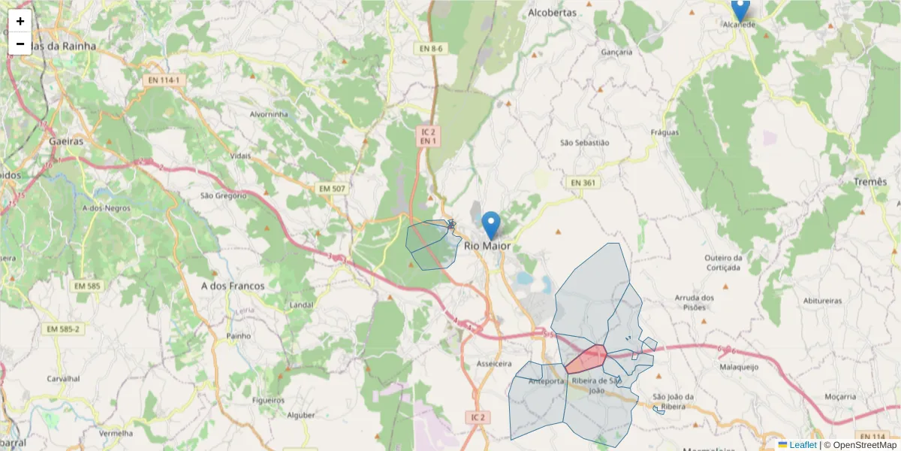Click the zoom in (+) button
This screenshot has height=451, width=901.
(x=20, y=21)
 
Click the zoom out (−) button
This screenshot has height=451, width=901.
(x=20, y=44)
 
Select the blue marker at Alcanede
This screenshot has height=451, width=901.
(x=740, y=10)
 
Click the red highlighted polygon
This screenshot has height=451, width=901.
(x=586, y=360)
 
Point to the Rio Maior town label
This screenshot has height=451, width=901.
(x=487, y=246)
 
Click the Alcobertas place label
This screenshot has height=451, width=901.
(x=552, y=13)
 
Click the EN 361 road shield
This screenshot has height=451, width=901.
(x=583, y=183)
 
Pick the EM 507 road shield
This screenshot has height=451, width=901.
(x=331, y=187)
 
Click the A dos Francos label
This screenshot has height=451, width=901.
(x=233, y=286)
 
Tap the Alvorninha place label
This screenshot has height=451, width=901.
(x=269, y=114)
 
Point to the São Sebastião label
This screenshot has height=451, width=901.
(x=585, y=142)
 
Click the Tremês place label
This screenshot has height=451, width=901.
(x=869, y=183)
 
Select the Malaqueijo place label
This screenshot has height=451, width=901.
(x=740, y=368)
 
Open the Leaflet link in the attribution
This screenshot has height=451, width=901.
(x=802, y=445)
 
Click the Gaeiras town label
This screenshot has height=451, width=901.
(x=65, y=141)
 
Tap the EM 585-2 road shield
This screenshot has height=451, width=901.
(x=63, y=329)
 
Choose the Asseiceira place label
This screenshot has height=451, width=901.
(x=494, y=364)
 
